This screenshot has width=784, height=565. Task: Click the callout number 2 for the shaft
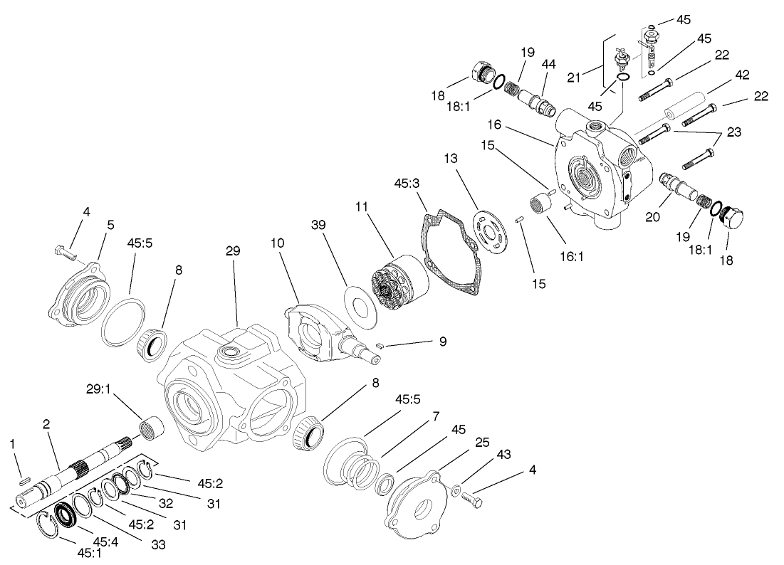46,424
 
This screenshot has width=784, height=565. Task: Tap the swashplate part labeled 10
317,334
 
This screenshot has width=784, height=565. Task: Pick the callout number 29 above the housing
233,251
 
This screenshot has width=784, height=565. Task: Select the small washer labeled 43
456,490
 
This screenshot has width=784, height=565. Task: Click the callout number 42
742,74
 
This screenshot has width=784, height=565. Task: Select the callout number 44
549,63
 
